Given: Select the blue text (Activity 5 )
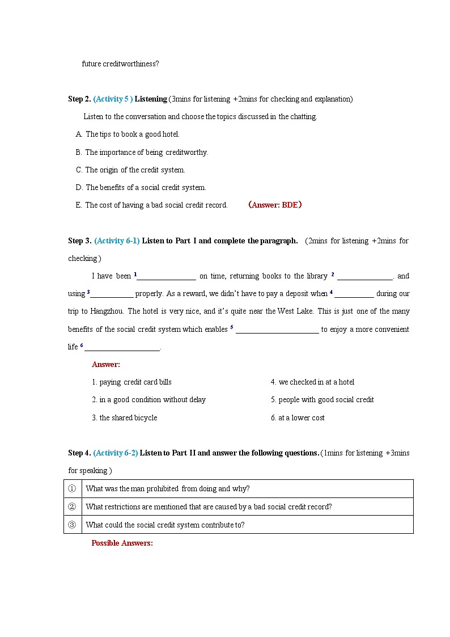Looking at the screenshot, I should tap(113, 99).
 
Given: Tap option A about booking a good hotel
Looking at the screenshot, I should tap(132, 134).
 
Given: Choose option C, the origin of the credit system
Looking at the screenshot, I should tap(135, 170).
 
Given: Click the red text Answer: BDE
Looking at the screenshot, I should tap(275, 205).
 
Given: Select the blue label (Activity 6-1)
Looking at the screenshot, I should tap(117, 241).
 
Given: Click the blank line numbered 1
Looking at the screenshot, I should tap(166, 277).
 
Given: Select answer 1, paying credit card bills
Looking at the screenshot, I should tap(131, 382).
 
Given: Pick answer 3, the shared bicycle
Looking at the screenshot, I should tap(124, 418).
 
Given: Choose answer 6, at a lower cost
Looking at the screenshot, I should tap(298, 418).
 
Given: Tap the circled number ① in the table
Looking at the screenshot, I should tap(72, 488).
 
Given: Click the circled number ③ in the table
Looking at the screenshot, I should tap(72, 525).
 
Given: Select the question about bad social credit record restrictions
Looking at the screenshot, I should tap(209, 507).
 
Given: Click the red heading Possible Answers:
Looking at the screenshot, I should tap(122, 543).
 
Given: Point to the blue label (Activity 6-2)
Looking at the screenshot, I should tap(116, 453).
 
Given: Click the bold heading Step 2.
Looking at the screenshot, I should tap(79, 99).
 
